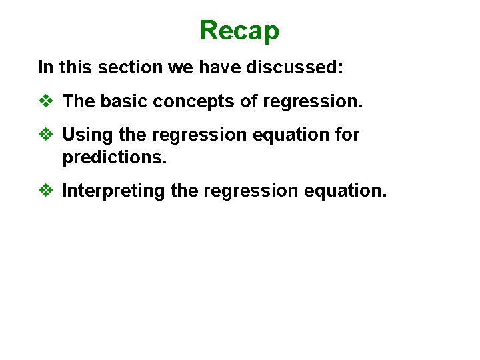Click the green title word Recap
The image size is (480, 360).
(x=239, y=30)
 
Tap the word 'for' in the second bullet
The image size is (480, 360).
(x=347, y=135)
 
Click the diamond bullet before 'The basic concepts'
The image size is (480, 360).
(x=46, y=102)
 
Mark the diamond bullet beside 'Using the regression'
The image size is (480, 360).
(x=46, y=135)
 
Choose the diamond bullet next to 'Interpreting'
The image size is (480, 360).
(x=46, y=191)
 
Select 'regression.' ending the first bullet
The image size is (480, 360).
(x=313, y=102)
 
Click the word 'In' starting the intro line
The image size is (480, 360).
(x=45, y=67)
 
